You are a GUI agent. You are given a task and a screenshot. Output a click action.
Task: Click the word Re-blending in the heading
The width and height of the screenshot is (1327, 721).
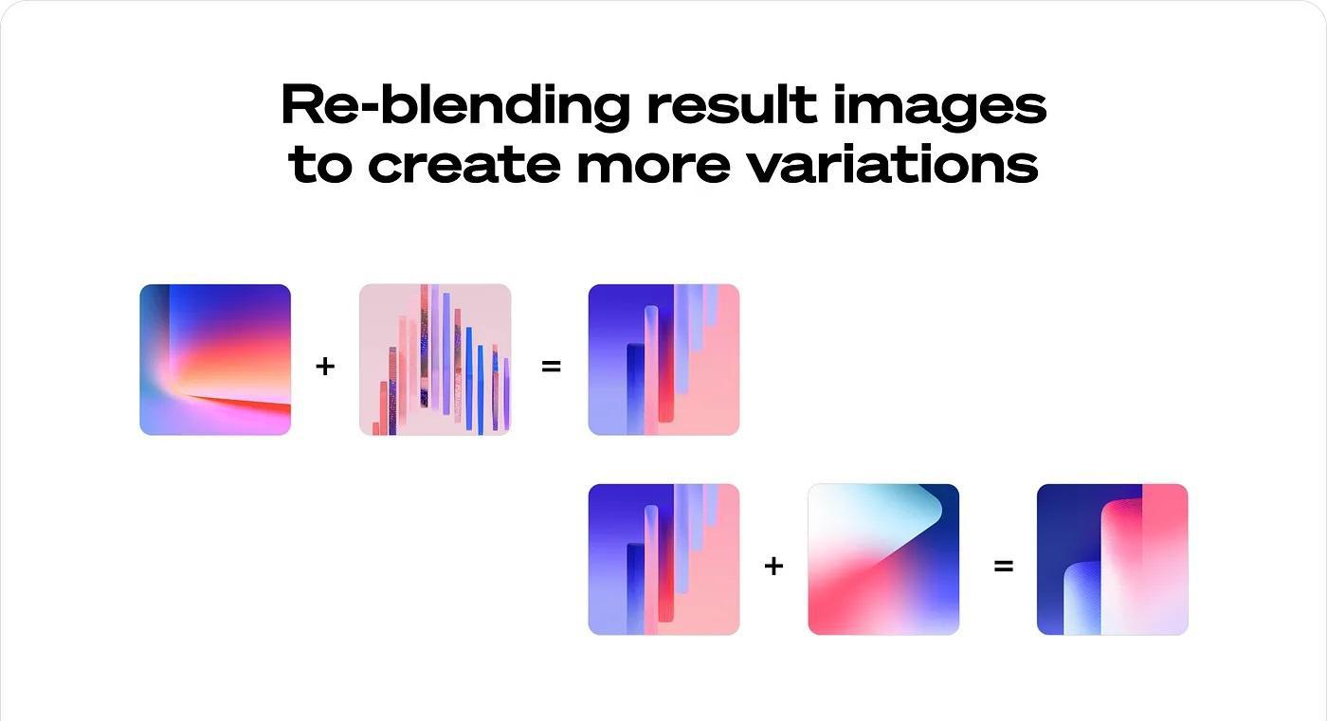pyautogui.click(x=455, y=106)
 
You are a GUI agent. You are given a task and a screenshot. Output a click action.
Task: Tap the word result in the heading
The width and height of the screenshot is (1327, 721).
pyautogui.click(x=732, y=104)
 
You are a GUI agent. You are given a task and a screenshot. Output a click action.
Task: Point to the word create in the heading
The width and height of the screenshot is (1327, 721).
pyautogui.click(x=464, y=165)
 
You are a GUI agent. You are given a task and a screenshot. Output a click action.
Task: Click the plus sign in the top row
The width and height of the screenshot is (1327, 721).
pyautogui.click(x=325, y=367)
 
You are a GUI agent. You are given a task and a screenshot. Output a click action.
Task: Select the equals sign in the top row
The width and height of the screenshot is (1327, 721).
pyautogui.click(x=551, y=367)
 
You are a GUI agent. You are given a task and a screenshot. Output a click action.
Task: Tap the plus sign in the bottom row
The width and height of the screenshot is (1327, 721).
pyautogui.click(x=773, y=567)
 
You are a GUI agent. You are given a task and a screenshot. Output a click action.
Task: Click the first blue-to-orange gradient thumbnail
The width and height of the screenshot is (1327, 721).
pyautogui.click(x=215, y=360)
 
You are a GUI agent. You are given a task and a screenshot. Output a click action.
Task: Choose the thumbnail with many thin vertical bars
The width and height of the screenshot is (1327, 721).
pyautogui.click(x=435, y=360)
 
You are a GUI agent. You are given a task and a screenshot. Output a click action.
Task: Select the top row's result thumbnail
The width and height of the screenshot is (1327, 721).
pyautogui.click(x=663, y=360)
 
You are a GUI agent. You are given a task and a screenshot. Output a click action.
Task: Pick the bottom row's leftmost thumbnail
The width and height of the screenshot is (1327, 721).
pyautogui.click(x=663, y=559)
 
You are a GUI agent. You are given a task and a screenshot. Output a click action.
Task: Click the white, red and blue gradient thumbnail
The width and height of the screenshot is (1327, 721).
pyautogui.click(x=883, y=559)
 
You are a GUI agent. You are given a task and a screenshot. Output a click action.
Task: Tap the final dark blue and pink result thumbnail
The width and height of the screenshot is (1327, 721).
pyautogui.click(x=1113, y=559)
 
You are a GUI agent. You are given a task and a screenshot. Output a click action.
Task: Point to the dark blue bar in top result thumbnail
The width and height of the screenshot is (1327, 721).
pyautogui.click(x=635, y=388)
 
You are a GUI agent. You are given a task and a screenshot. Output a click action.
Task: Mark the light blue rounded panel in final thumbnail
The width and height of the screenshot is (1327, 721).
pyautogui.click(x=1082, y=598)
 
